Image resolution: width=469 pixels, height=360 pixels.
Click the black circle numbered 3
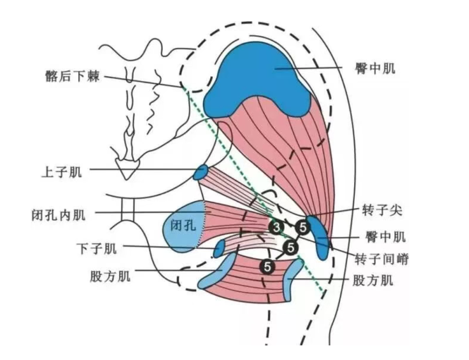[x=276, y=228]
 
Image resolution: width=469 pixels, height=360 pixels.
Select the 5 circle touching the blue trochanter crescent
[x=303, y=228]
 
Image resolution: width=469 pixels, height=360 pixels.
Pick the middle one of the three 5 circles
[x=291, y=247]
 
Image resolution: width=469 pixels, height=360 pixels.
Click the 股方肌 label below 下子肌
[x=109, y=276]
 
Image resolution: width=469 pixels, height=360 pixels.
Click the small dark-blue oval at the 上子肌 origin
[x=201, y=172]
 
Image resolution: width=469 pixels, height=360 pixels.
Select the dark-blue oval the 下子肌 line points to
[x=219, y=249]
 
